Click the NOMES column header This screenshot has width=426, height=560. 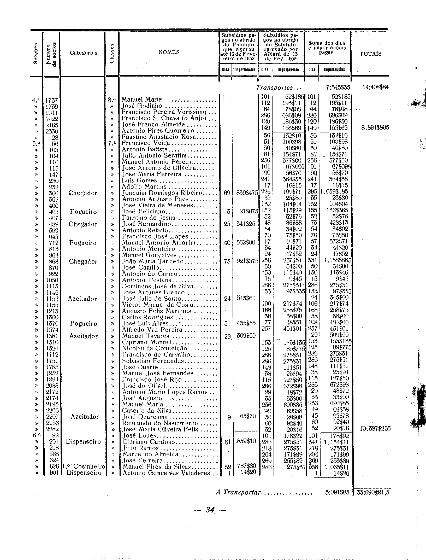[x=169, y=52]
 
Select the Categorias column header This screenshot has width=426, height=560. [x=84, y=53]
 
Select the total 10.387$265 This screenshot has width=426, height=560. [x=375, y=429]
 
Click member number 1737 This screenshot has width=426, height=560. [x=51, y=100]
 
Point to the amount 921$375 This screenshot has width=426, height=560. [x=247, y=261]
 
